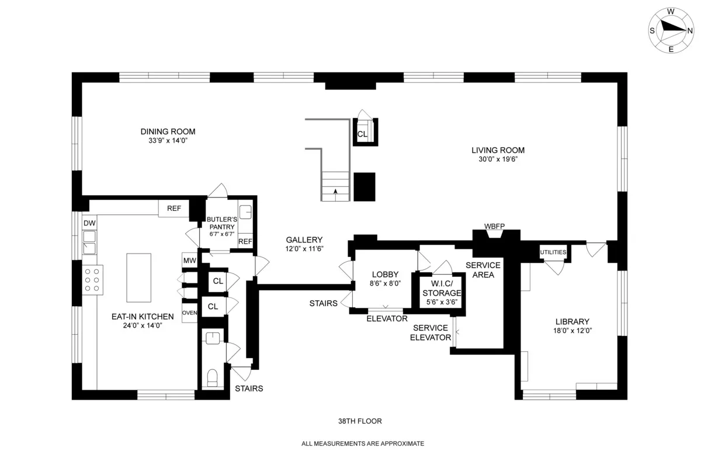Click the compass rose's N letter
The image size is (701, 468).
tap(690, 30)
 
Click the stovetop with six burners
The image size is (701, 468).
tap(92, 280)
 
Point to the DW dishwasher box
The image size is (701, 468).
tap(89, 223)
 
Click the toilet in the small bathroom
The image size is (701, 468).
tap(213, 377)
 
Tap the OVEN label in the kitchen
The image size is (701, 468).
tap(189, 313)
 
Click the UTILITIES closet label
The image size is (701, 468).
tap(553, 252)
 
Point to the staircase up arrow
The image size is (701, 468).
tap(335, 191)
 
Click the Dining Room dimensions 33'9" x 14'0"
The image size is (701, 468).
tap(168, 141)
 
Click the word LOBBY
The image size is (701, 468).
tap(386, 275)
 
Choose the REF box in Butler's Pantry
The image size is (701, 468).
tap(245, 241)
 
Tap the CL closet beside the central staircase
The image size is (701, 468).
tap(362, 134)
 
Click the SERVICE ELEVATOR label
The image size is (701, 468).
tap(431, 332)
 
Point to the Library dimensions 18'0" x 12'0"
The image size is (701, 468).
tap(572, 331)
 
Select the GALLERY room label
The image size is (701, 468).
tap(304, 240)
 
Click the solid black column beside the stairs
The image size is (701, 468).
tap(365, 187)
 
